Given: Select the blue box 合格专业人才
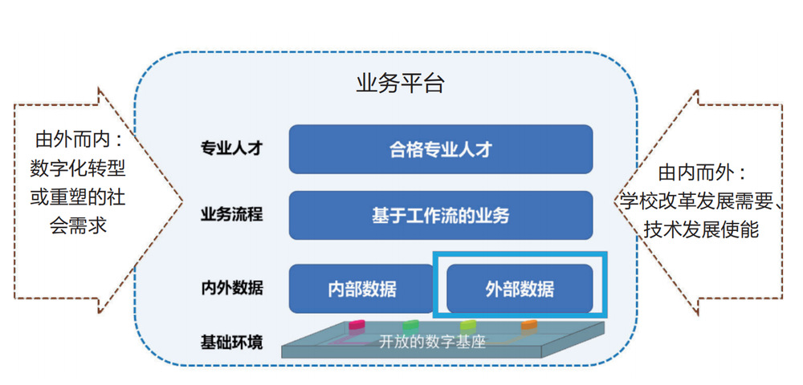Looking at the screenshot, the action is point(441,149).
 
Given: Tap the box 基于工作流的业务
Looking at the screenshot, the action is point(441,215).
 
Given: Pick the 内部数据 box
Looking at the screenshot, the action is point(361,289).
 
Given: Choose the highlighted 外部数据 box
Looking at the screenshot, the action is point(520,289).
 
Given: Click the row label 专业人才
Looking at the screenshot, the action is point(232,148).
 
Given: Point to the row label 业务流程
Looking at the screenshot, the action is point(232,215).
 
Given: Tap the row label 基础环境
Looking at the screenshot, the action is point(232,342).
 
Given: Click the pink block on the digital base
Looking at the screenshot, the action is point(357,325).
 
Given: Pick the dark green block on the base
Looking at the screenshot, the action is point(410,325).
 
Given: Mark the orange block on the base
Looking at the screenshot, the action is point(529,325).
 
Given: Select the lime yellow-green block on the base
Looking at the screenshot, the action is point(468,325).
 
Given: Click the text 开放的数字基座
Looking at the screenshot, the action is point(432,342).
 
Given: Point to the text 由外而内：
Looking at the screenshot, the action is point(79,140).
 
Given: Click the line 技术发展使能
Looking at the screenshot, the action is point(701,230).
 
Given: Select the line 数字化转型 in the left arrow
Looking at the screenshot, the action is point(78,168).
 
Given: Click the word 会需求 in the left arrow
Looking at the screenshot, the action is point(78,225).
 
